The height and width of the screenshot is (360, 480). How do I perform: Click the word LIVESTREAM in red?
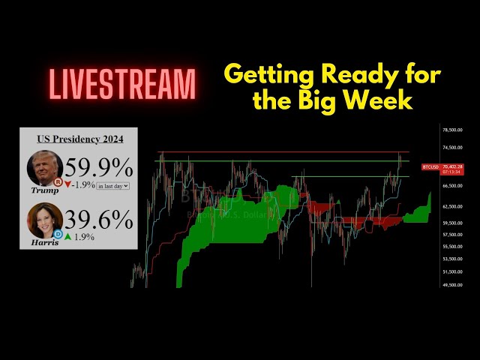point(123,83)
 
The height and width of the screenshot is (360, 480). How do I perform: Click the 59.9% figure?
point(98,167)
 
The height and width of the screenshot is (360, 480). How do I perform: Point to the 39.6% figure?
point(98,220)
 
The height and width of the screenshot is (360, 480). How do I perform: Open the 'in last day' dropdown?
point(113,185)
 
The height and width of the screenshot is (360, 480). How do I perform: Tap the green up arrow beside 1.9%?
point(67,237)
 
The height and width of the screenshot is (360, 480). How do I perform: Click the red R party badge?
point(57,181)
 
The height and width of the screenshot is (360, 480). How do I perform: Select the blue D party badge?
point(57,233)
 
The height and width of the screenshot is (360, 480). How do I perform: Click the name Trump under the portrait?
point(45,191)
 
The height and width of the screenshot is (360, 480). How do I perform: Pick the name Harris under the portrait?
point(45,243)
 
